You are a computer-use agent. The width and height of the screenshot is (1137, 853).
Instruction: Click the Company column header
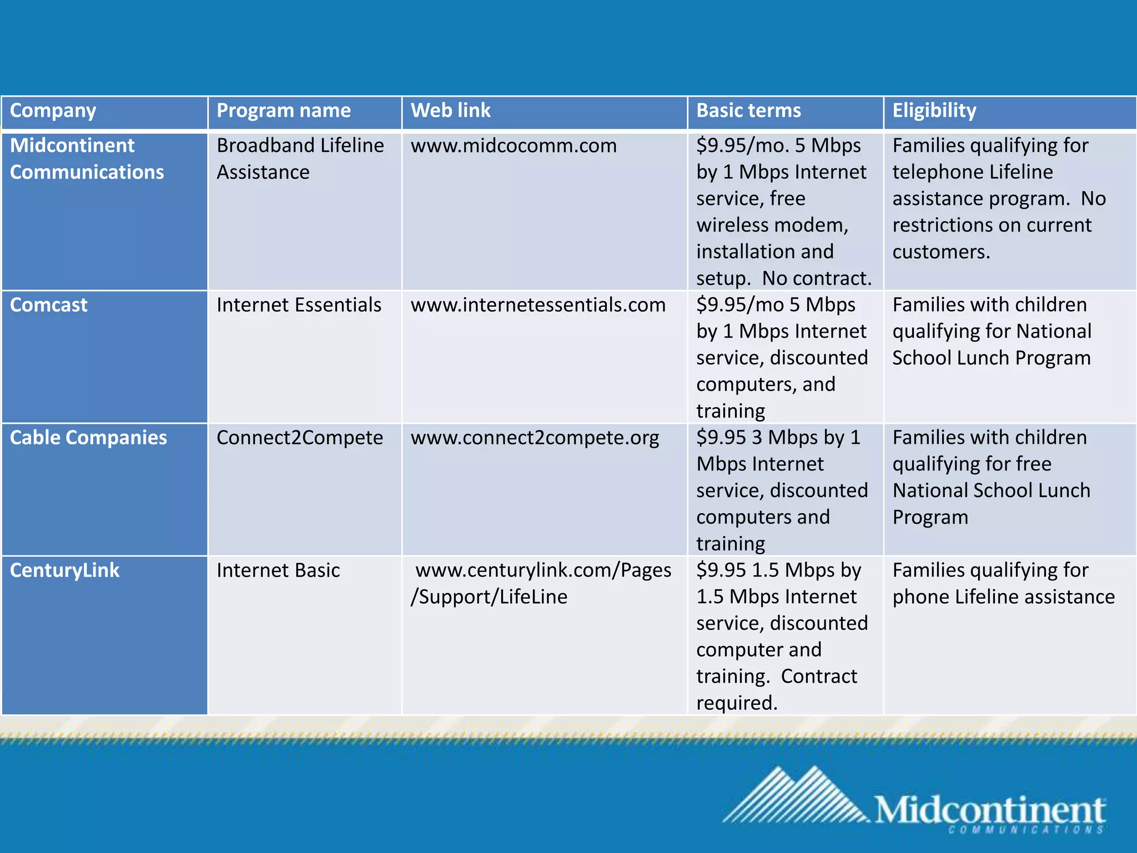[53, 111]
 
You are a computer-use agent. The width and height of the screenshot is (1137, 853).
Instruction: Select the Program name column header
[283, 111]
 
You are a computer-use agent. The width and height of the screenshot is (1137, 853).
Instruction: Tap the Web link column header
[450, 111]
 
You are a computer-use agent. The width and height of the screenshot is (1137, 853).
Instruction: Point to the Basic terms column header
[748, 111]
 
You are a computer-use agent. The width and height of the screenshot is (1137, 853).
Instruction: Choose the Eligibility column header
[934, 111]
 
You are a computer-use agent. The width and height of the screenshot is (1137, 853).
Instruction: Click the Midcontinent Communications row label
[87, 159]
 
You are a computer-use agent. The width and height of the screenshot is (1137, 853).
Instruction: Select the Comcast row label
[49, 305]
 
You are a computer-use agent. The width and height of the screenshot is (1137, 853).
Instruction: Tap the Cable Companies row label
[88, 438]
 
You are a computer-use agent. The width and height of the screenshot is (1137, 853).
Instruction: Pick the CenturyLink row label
[64, 570]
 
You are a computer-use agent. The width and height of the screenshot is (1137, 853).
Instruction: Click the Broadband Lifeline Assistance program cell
[300, 159]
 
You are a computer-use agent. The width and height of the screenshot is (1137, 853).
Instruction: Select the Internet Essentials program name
[299, 305]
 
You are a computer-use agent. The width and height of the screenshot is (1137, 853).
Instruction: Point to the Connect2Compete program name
[300, 438]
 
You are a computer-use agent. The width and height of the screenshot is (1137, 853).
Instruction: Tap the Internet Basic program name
[278, 570]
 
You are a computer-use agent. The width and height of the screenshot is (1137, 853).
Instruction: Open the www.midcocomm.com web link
[514, 146]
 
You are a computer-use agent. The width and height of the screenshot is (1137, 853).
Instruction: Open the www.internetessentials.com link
[538, 305]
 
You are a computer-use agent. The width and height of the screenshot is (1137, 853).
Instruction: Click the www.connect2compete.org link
[535, 438]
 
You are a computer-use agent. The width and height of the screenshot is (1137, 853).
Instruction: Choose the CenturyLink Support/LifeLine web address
[541, 583]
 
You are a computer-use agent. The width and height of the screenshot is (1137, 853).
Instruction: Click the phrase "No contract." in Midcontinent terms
[817, 278]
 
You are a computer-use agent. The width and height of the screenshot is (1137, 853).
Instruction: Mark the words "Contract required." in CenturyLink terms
[777, 690]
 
